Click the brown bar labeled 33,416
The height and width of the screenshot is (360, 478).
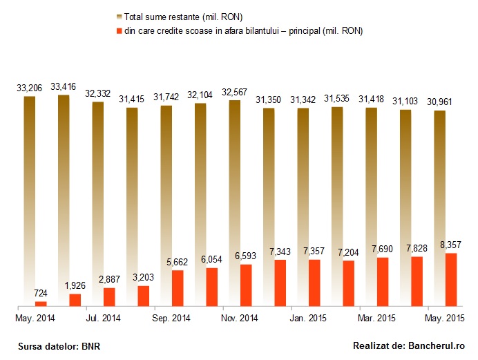click(x=64, y=200)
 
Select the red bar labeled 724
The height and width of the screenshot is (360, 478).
click(x=41, y=303)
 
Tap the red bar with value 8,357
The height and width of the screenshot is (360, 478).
click(x=451, y=280)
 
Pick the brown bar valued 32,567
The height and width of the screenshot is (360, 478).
click(x=234, y=203)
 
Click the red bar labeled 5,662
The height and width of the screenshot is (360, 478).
click(x=178, y=288)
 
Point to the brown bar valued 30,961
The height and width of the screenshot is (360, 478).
click(x=440, y=208)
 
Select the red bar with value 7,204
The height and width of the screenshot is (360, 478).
click(x=349, y=283)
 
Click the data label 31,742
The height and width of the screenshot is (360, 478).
click(x=166, y=97)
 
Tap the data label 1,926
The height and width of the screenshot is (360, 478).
click(x=75, y=285)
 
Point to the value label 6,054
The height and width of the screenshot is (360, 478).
click(x=211, y=259)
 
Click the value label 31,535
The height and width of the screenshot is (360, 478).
click(x=337, y=98)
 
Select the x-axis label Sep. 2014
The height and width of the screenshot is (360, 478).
click(x=171, y=319)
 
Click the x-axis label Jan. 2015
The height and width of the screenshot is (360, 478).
click(x=308, y=319)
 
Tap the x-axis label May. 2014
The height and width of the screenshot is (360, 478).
click(x=35, y=319)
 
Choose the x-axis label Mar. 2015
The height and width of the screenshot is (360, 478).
click(x=376, y=319)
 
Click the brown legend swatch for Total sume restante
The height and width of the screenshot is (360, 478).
click(x=119, y=17)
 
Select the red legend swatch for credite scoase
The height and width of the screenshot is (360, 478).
click(x=119, y=31)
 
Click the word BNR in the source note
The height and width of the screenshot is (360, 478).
click(x=91, y=347)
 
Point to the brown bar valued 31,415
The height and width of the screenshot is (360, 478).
click(x=132, y=207)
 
